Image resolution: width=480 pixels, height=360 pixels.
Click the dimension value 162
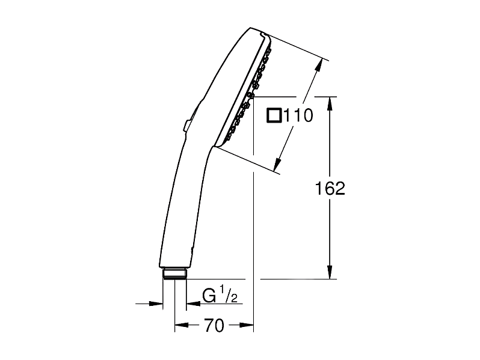pyautogui.click(x=330, y=188)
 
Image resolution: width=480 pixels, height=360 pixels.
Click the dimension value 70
pyautogui.click(x=214, y=325)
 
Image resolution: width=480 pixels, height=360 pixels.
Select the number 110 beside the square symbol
pyautogui.click(x=298, y=115)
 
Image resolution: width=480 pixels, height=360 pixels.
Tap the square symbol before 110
pyautogui.click(x=274, y=115)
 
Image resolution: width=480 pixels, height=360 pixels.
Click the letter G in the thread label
pyautogui.click(x=209, y=296)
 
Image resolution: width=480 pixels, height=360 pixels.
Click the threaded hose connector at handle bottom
pyautogui.click(x=174, y=273)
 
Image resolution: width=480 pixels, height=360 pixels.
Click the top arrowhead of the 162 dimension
pyautogui.click(x=330, y=104)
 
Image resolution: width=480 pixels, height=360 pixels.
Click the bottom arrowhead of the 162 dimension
pyautogui.click(x=330, y=272)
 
